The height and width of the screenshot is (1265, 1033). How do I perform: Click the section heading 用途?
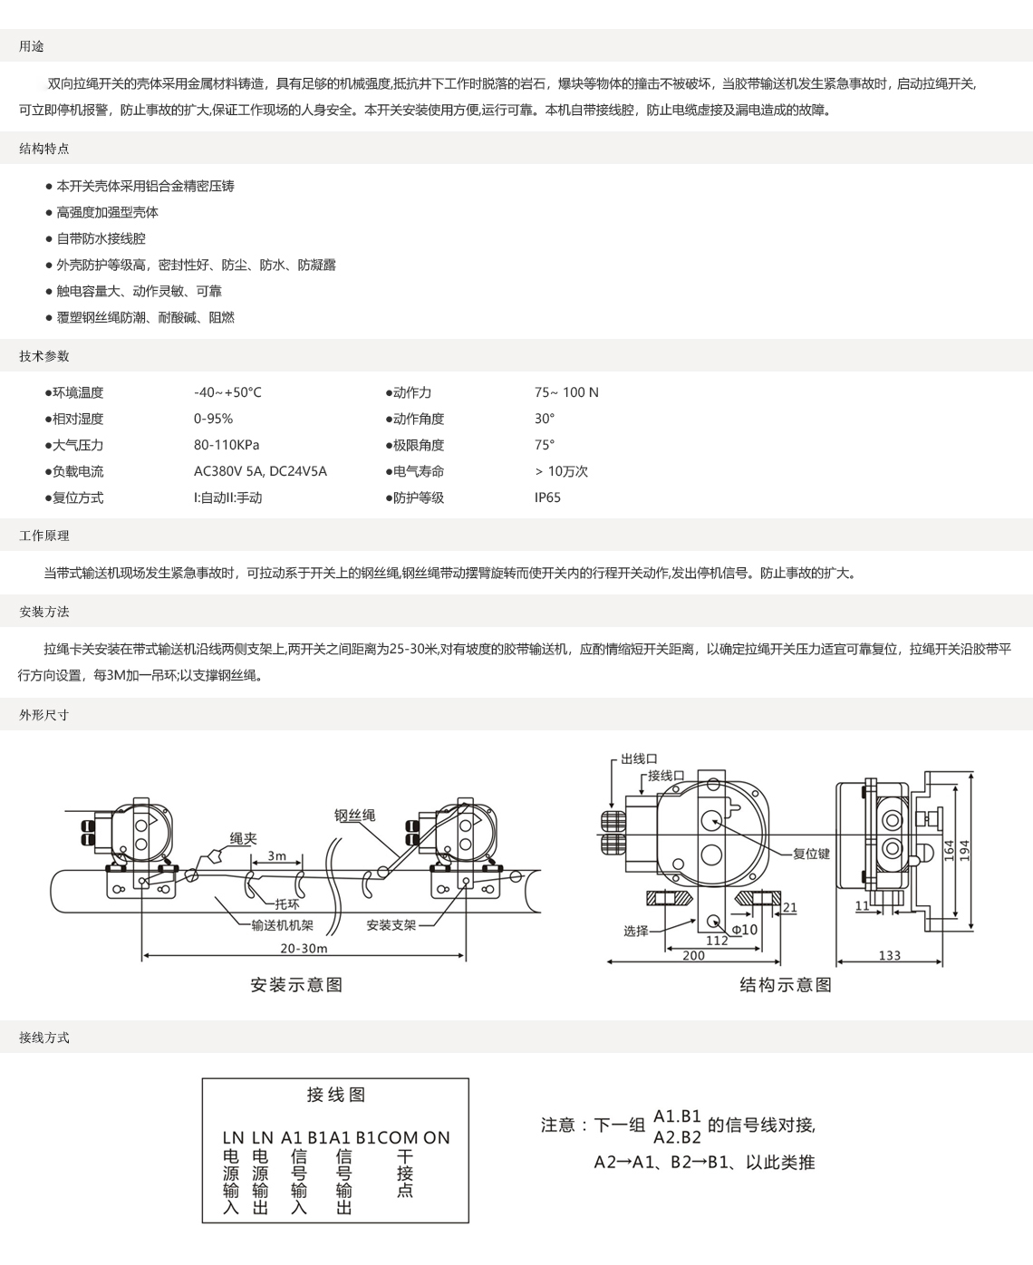click(x=31, y=46)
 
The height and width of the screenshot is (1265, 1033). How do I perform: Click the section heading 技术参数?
click(x=43, y=356)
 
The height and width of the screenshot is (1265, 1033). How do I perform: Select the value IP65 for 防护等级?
click(x=547, y=497)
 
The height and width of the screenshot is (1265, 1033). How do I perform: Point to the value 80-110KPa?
click(x=227, y=444)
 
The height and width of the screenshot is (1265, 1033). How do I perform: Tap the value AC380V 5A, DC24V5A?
click(x=260, y=471)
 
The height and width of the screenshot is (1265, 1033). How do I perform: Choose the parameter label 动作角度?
click(x=418, y=419)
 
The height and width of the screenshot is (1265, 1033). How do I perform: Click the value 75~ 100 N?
click(x=566, y=392)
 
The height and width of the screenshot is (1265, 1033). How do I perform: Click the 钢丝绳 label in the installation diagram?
click(x=354, y=815)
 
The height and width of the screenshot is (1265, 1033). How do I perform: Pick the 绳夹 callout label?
click(x=243, y=838)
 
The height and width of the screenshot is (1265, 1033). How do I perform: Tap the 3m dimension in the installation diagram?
click(x=276, y=855)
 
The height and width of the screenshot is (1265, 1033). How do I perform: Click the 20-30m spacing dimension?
click(x=304, y=949)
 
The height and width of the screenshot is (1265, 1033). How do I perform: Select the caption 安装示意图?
click(x=296, y=985)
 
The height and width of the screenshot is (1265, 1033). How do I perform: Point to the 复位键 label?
click(x=811, y=854)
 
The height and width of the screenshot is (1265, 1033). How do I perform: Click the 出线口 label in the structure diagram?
click(x=639, y=758)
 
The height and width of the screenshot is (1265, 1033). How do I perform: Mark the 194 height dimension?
click(x=964, y=851)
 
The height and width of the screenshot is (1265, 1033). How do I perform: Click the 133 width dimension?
click(x=889, y=955)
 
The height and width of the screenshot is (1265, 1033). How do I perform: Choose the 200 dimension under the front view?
click(x=693, y=955)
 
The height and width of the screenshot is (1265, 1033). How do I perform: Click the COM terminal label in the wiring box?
click(x=398, y=1138)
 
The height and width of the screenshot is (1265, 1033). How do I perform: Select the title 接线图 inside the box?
click(x=335, y=1095)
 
